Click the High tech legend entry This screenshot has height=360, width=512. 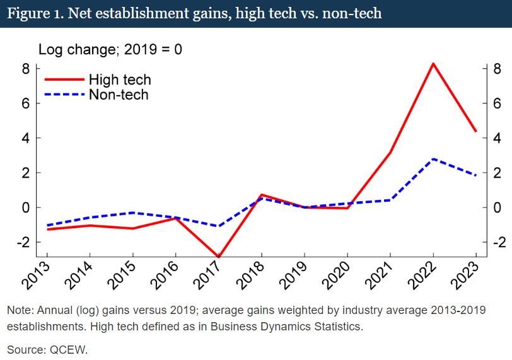[x=120, y=79]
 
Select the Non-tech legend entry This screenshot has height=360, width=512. [x=119, y=95]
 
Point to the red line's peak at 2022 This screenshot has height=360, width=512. [x=433, y=63]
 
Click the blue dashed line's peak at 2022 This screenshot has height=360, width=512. [x=433, y=159]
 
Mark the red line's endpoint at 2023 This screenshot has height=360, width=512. [x=475, y=131]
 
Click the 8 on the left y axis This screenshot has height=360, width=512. [x=26, y=69]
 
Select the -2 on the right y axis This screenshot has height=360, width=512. [x=496, y=243]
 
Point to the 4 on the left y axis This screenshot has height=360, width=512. [x=26, y=138]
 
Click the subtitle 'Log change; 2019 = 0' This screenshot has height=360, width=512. [x=110, y=49]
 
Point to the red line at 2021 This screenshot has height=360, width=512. [x=390, y=153]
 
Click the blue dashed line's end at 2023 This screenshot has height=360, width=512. [x=475, y=175]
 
